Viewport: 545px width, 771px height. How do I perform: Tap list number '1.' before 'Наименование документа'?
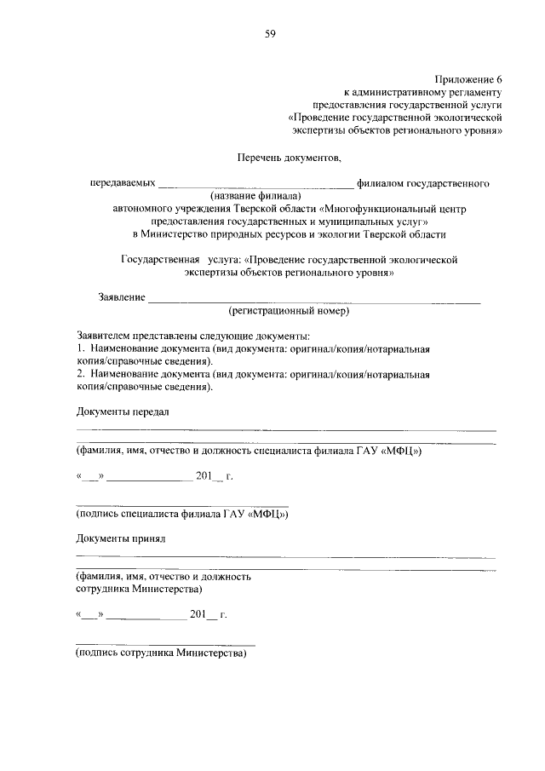[81, 349]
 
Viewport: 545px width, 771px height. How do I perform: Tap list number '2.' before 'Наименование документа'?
[81, 374]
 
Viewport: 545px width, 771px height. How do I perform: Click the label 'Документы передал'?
[123, 412]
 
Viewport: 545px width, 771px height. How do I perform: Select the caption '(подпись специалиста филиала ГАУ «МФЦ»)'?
[182, 515]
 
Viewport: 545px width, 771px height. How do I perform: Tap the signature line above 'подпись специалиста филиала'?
[182, 505]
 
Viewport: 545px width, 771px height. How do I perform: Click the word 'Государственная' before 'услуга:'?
[159, 258]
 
